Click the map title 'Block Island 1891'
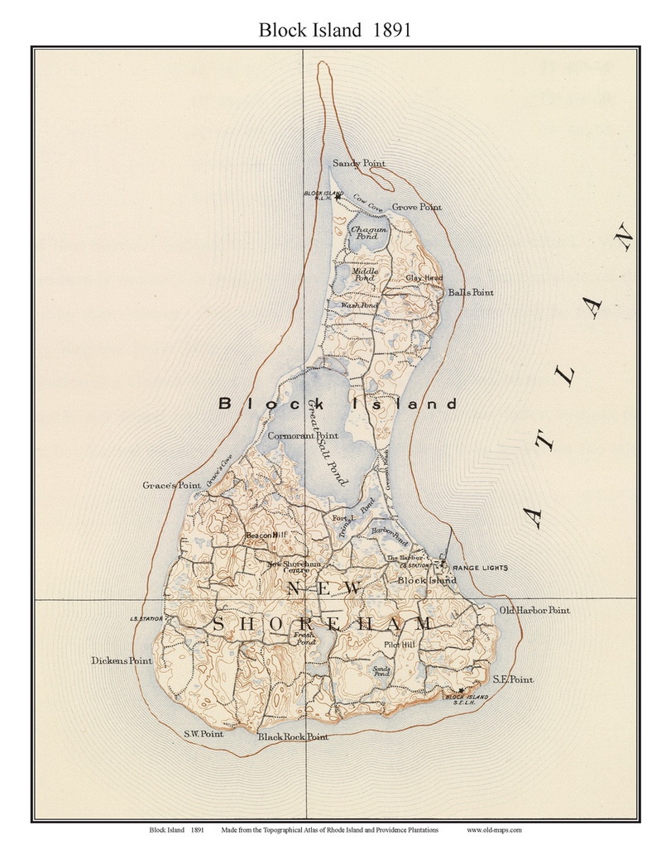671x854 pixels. pyautogui.click(x=335, y=31)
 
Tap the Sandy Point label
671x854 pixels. pyautogui.click(x=359, y=164)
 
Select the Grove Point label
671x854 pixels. pyautogui.click(x=416, y=207)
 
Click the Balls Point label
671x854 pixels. pyautogui.click(x=470, y=293)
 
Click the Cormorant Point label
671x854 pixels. pyautogui.click(x=303, y=435)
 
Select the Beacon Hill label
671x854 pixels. pyautogui.click(x=266, y=536)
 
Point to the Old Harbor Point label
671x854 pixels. pyautogui.click(x=534, y=611)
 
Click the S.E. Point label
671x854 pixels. pyautogui.click(x=513, y=679)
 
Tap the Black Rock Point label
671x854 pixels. pyautogui.click(x=293, y=736)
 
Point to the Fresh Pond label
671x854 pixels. pyautogui.click(x=305, y=638)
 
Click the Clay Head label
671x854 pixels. pyautogui.click(x=424, y=278)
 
